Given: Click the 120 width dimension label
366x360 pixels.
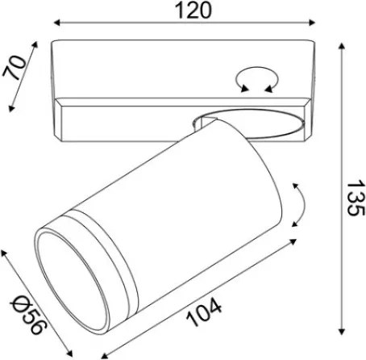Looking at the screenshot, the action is point(193,10).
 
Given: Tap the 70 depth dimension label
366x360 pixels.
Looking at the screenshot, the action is point(15,67).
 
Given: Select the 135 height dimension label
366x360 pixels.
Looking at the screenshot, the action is point(356,199).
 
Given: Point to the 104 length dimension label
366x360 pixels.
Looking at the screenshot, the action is point(204,312).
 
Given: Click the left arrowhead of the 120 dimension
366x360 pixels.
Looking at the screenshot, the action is point(56,23).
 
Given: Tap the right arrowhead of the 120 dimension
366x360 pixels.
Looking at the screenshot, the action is point(312,23).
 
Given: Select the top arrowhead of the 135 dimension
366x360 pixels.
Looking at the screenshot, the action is point(342,46).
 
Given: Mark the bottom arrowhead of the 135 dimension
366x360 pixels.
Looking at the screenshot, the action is point(342,332).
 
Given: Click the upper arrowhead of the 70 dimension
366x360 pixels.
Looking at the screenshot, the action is point(35,44).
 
